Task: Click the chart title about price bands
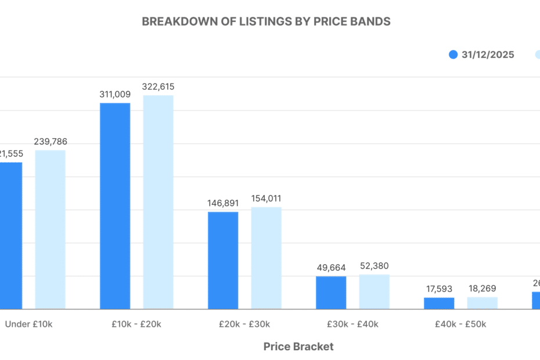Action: coord(266,21)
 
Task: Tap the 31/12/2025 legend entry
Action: coord(481,55)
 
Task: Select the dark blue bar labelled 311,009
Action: coord(115,206)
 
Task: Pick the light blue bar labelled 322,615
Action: coord(158,202)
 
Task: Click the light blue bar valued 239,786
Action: coord(50,229)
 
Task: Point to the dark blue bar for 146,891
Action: coord(223,260)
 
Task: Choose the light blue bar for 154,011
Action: coord(266,258)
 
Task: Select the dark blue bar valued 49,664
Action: coord(331,293)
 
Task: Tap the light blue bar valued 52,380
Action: coord(374,291)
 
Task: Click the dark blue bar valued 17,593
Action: coord(439,303)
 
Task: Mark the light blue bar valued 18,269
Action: coord(482,303)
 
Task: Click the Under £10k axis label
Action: coord(28,325)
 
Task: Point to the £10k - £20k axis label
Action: coord(136,325)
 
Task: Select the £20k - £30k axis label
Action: coord(244,325)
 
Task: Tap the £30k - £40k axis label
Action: coord(352,325)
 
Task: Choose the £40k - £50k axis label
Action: coord(460,325)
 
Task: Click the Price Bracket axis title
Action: coord(298,347)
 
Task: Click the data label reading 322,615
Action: coord(158,87)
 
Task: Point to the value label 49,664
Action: coord(331,268)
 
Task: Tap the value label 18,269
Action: coord(482,289)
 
